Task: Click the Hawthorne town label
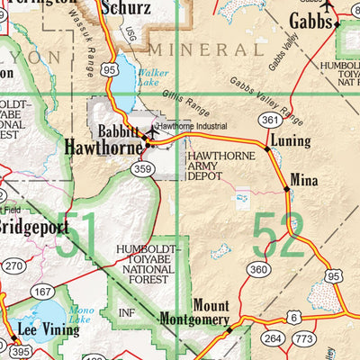point(104,147)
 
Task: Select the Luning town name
point(291,141)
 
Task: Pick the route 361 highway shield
point(266,119)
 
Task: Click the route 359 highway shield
point(141,167)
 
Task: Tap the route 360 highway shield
point(259,269)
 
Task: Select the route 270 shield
point(13,266)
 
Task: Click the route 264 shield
point(274,338)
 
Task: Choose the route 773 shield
point(305,338)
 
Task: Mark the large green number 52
point(277,237)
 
